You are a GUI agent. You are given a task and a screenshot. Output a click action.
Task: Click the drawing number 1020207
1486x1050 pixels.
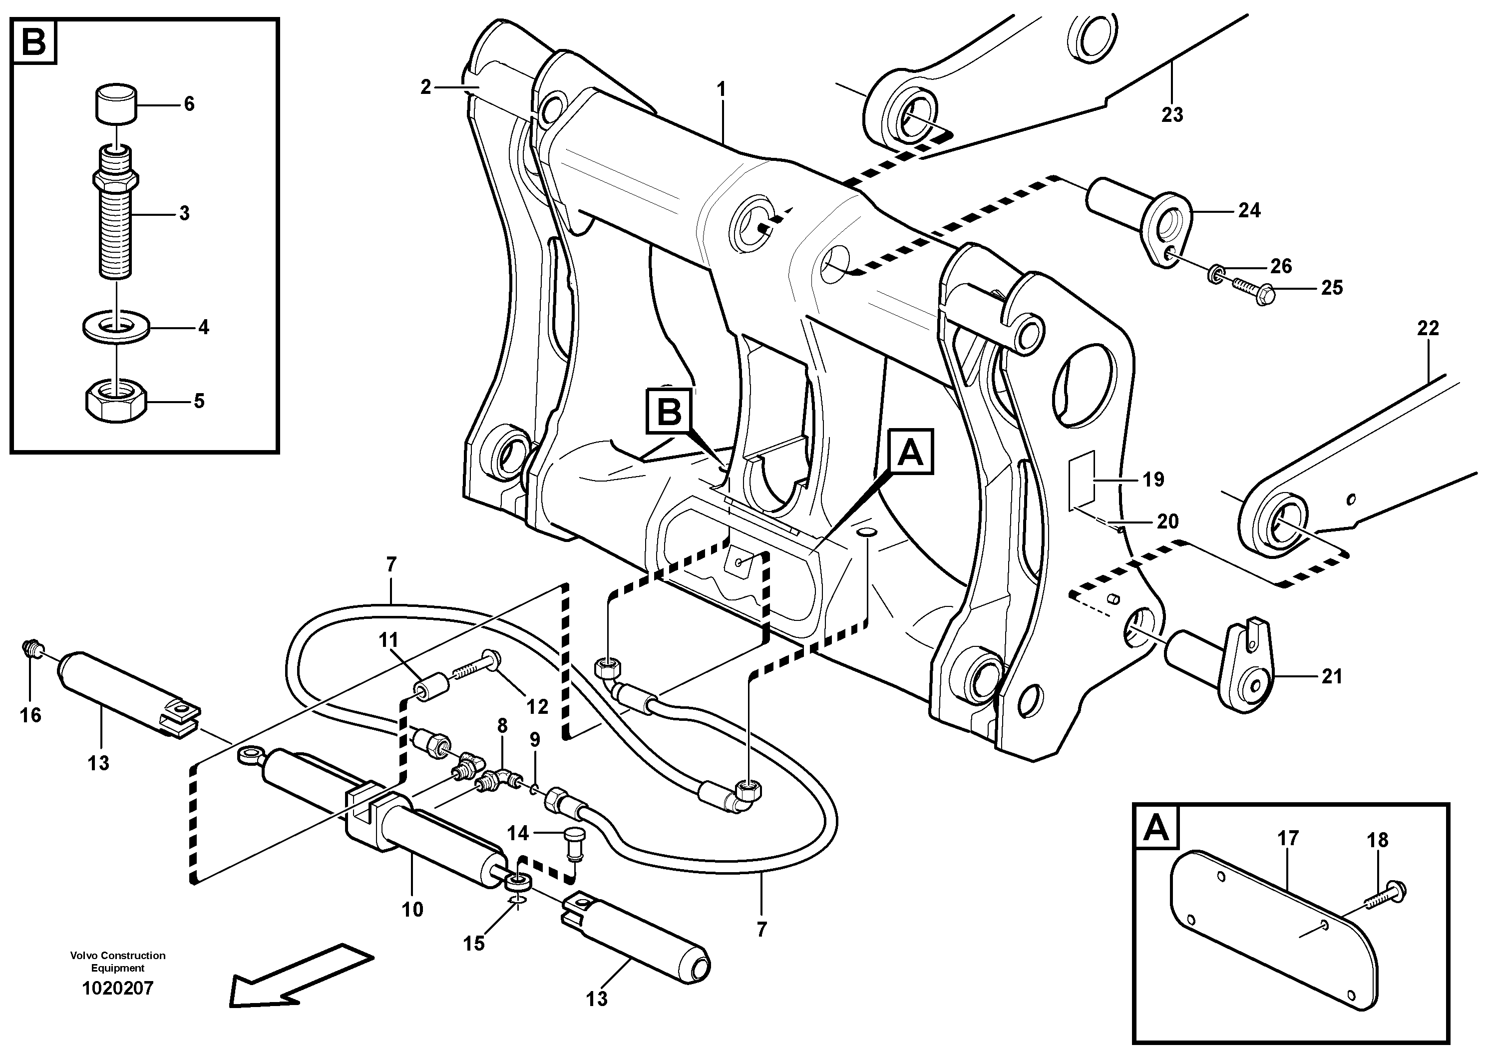pyautogui.click(x=118, y=989)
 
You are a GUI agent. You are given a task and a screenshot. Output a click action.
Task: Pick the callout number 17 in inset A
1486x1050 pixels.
pyautogui.click(x=1288, y=838)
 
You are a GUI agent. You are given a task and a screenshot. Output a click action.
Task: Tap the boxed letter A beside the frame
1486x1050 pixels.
pyautogui.click(x=911, y=451)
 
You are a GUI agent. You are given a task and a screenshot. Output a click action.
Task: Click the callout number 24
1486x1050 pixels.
pyautogui.click(x=1249, y=210)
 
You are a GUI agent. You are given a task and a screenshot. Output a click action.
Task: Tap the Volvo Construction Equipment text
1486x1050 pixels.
pyautogui.click(x=118, y=961)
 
